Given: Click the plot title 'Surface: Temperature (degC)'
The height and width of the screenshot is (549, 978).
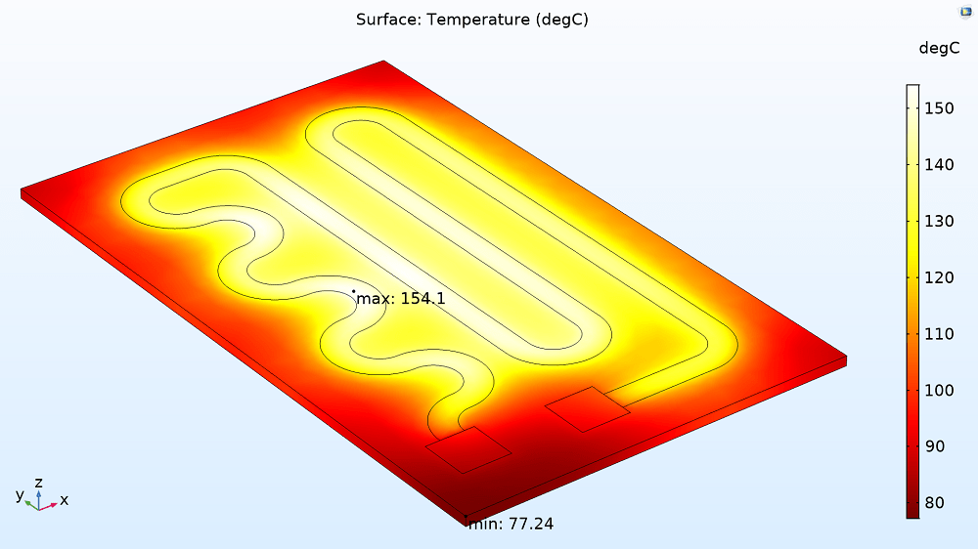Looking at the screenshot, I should point(471,20).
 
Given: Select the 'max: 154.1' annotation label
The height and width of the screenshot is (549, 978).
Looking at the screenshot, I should point(401,299).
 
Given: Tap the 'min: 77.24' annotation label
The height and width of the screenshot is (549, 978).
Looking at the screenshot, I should point(511,525).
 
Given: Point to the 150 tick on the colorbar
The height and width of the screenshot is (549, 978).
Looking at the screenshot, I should point(939,108).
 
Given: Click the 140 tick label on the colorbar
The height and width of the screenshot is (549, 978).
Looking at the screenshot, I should point(939,165).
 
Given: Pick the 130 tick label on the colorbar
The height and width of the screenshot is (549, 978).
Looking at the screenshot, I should point(939,222).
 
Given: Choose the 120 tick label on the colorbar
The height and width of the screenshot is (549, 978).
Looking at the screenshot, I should point(939,278).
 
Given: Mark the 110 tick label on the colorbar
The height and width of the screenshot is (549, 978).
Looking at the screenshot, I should point(939,334).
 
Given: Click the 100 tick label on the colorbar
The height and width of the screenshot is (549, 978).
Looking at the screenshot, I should point(939,391).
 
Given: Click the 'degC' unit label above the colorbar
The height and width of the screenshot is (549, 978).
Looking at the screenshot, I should point(939,49).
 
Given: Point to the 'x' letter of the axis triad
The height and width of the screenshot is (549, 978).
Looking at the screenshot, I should point(65,500).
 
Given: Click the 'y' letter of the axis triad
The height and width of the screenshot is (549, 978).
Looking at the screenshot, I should point(20,494).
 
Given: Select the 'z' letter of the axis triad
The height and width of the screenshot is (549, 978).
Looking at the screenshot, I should point(38,483).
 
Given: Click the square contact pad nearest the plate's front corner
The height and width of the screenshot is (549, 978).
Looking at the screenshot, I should point(468,449).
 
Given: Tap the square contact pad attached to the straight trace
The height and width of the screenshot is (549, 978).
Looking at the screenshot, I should point(588,409).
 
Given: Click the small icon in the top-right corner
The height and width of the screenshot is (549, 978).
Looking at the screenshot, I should point(963,11).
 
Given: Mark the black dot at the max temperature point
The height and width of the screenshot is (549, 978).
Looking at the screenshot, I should point(354,290).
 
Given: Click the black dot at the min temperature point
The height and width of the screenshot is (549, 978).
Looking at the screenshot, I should point(467,517).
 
